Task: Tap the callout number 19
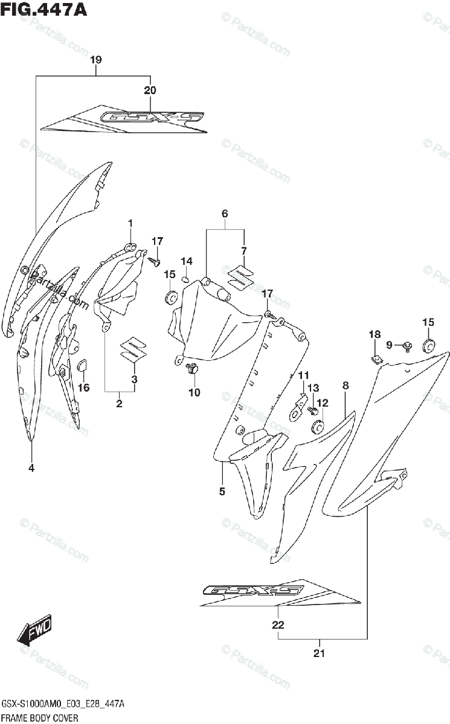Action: coord(95,60)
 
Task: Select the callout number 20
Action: coord(150,91)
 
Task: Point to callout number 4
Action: coord(31,468)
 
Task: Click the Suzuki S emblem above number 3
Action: coord(132,349)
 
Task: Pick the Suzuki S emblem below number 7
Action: coord(240,276)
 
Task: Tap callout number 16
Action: coord(84,387)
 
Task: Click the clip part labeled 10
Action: coord(193,369)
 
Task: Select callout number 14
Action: coord(187,261)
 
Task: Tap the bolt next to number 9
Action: coord(408,346)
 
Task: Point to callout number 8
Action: coord(346,385)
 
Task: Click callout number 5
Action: coord(222,492)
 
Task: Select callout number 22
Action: coord(278,625)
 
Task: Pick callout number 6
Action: coord(225,214)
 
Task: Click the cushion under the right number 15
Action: coord(428,345)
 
